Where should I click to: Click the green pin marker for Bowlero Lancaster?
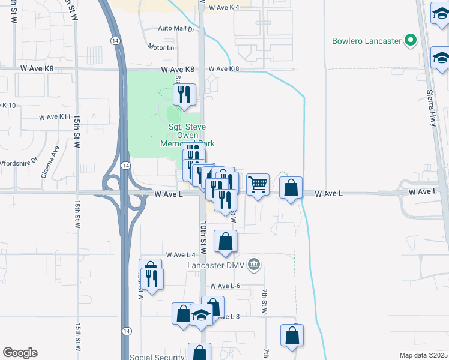(411, 41)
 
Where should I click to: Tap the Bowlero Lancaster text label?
(366, 41)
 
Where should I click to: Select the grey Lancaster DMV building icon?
(254, 264)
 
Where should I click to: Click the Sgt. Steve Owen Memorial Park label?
(187, 135)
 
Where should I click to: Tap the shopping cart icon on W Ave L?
(258, 185)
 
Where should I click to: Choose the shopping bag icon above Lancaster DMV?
(225, 242)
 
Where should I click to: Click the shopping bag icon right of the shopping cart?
(291, 188)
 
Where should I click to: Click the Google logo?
(20, 353)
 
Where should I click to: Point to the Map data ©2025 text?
(423, 355)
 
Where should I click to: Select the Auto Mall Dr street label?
(176, 29)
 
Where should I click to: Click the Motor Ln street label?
(161, 47)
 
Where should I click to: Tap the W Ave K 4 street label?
(224, 7)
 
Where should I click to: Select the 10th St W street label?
(204, 236)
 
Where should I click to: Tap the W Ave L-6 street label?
(225, 286)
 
